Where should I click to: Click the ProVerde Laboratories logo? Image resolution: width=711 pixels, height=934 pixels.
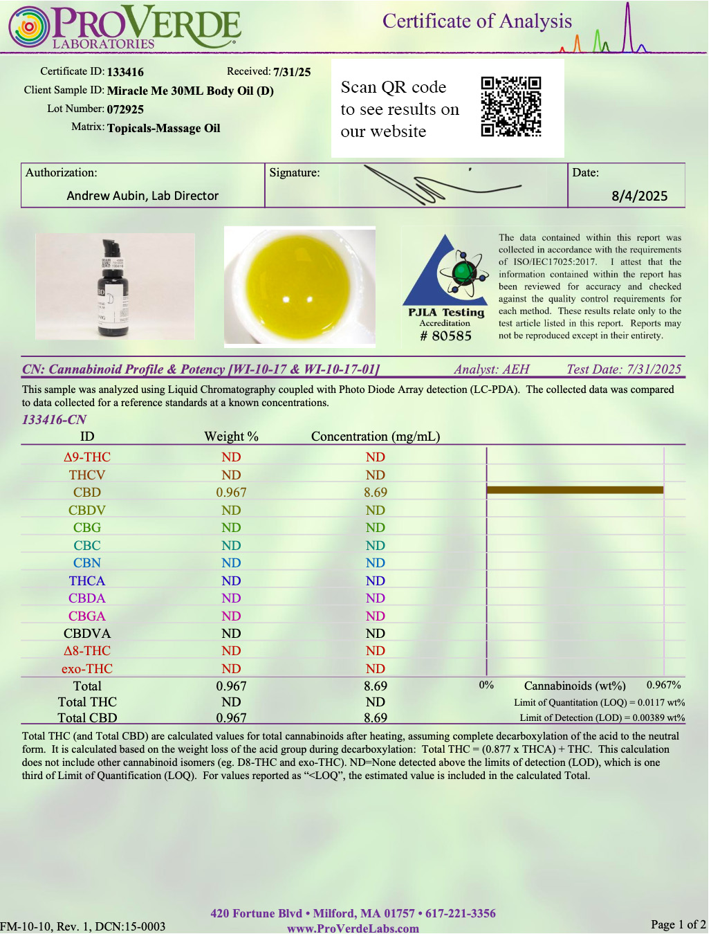(x=124, y=28)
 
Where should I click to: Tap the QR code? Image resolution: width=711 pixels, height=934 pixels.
(x=511, y=107)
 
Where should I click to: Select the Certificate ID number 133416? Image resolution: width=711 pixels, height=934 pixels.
(x=125, y=72)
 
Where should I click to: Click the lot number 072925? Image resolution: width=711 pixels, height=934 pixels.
(x=125, y=109)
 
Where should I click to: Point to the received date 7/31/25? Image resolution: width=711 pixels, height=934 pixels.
(x=292, y=72)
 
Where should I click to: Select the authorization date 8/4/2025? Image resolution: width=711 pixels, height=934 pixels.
(x=639, y=196)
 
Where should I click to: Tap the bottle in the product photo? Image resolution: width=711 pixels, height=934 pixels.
(x=113, y=289)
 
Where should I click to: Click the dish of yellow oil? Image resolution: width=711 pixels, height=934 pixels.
(x=299, y=286)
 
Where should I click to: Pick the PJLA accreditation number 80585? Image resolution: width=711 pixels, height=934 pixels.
(x=451, y=336)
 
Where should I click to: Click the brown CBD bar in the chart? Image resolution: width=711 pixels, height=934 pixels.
(x=575, y=491)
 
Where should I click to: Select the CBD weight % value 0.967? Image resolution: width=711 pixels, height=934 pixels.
(x=231, y=493)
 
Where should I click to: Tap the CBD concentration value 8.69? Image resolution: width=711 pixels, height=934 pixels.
(x=376, y=493)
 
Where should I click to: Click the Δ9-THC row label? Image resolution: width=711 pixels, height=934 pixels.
(x=87, y=457)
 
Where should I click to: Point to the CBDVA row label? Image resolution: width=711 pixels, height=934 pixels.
(x=87, y=634)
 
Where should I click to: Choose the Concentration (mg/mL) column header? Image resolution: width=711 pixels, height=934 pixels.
(x=376, y=437)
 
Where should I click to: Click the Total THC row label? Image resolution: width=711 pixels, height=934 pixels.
(x=87, y=702)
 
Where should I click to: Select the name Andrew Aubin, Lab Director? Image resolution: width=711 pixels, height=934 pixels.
(x=142, y=196)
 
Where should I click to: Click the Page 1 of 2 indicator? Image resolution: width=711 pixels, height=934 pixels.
(x=678, y=925)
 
